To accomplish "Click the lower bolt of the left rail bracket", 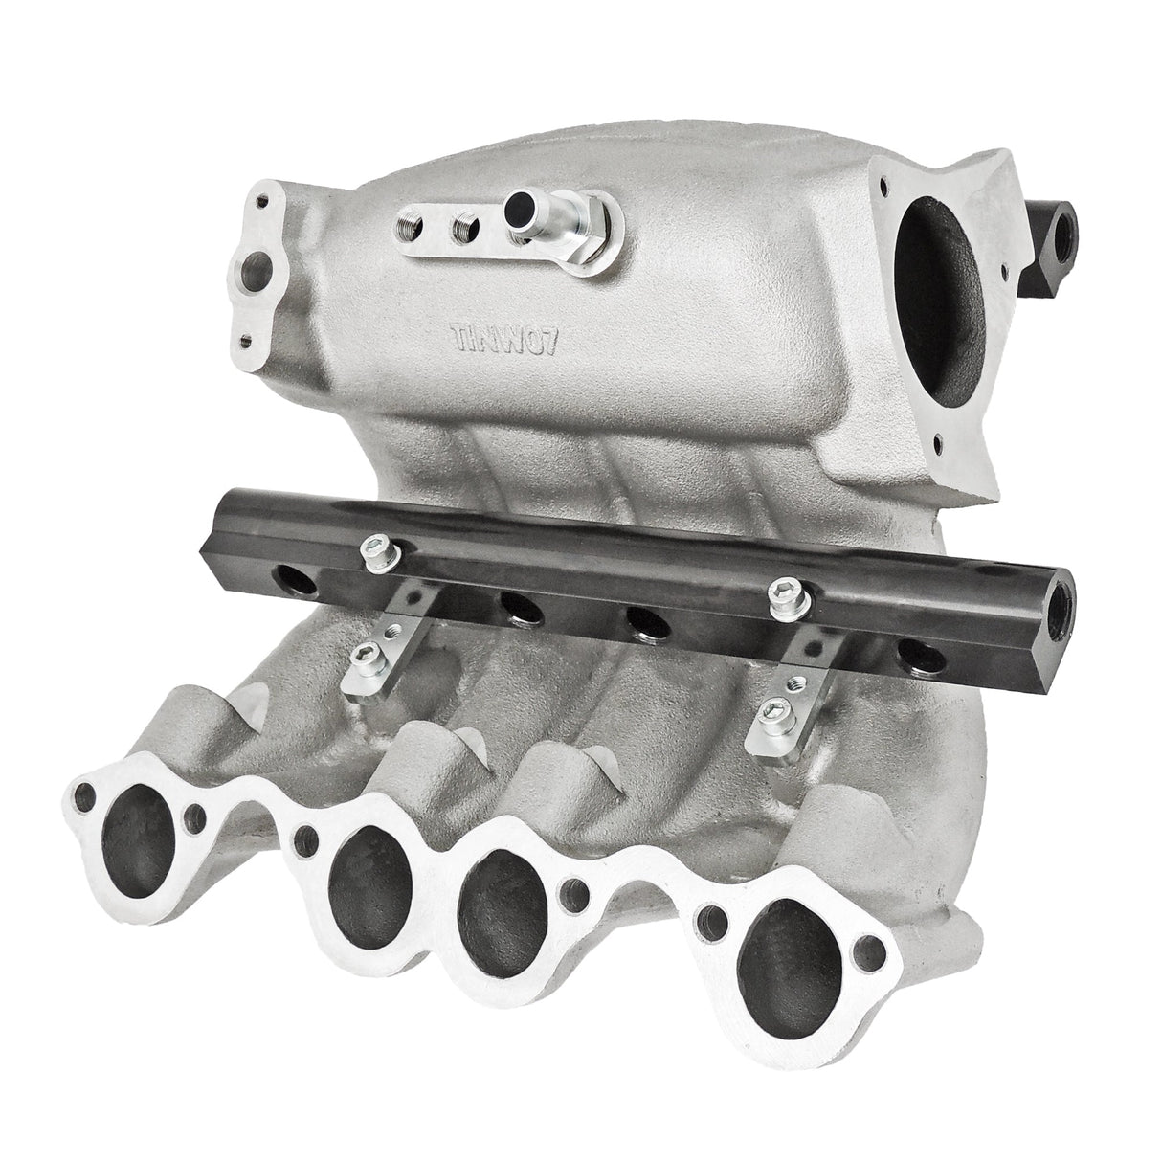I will (x=364, y=654).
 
